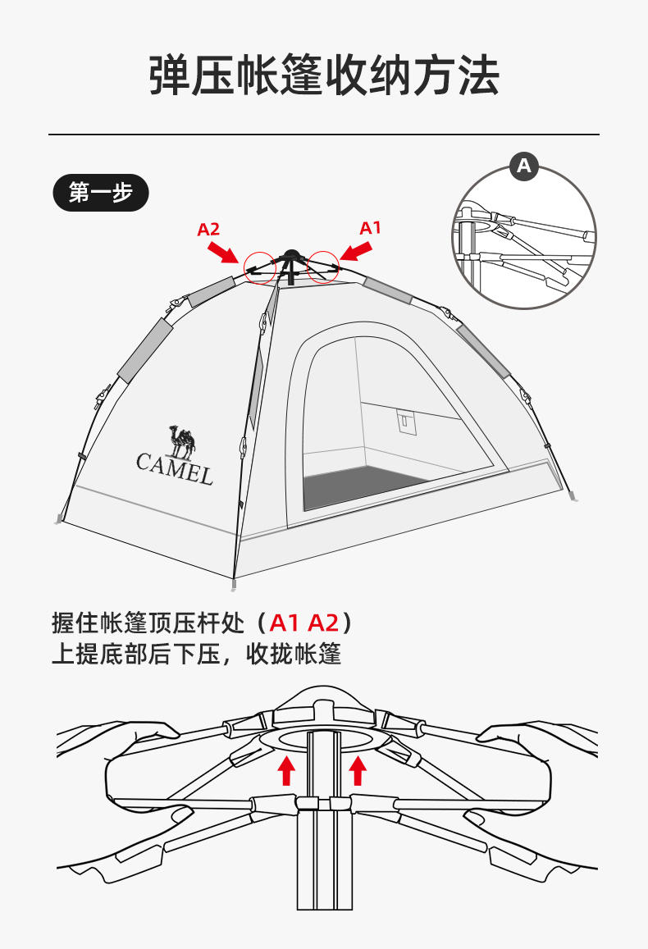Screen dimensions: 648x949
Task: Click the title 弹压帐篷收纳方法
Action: [324, 76]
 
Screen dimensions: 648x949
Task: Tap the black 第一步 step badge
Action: [101, 193]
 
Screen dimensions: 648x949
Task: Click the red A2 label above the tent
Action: [208, 230]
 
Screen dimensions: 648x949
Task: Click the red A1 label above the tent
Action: [371, 227]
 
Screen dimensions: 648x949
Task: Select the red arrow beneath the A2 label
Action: [224, 250]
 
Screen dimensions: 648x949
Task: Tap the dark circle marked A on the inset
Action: [524, 167]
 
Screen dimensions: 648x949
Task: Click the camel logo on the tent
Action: [182, 440]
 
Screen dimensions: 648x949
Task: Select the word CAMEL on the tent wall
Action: [174, 468]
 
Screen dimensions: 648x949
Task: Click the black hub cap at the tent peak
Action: [290, 255]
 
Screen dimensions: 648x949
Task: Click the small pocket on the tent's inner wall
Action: [404, 421]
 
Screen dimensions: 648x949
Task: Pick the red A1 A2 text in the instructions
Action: [304, 623]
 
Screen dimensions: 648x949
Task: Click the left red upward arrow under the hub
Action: [286, 770]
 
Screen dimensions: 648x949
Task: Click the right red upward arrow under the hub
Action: [358, 770]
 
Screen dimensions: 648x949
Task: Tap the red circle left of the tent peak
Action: [260, 267]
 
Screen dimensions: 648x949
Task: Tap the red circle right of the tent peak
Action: [323, 267]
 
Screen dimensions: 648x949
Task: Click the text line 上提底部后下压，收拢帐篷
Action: [196, 654]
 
